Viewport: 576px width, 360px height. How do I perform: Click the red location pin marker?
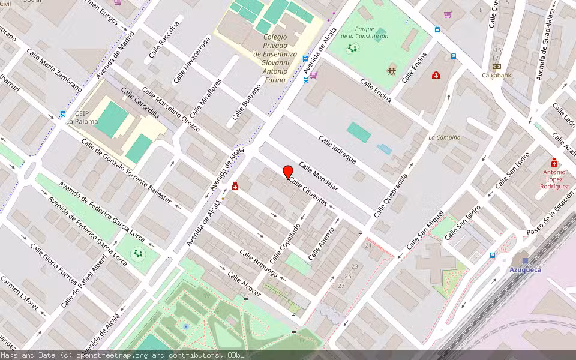pos(288,172)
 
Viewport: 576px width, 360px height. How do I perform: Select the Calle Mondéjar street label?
pos(319,177)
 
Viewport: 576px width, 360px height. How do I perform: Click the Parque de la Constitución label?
pos(364,32)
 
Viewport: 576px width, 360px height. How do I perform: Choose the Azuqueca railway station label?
pos(525,269)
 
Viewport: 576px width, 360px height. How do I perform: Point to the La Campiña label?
pos(444,137)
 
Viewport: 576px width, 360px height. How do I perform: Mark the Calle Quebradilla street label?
pos(391,196)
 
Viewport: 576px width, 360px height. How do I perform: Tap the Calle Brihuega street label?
pos(258,263)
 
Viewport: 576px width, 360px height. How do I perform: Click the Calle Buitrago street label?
pos(247,101)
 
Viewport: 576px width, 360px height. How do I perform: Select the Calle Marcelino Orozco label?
pos(170,112)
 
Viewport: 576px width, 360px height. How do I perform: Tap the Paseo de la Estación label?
pos(550,218)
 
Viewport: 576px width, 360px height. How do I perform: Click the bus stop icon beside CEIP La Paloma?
pos(62,113)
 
